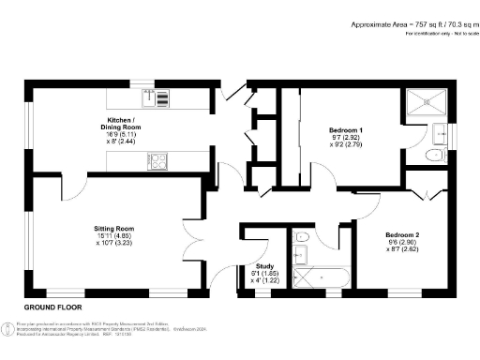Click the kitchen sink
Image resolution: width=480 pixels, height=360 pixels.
tap(157, 97)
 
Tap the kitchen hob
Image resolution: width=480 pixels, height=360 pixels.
tap(157, 163)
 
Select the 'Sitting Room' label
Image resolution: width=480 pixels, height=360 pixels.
tap(114, 228)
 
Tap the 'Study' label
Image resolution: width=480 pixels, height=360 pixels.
tap(252, 266)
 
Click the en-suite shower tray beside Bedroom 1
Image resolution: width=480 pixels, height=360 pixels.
tap(427, 104)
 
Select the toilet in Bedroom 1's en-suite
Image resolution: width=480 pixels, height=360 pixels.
tap(433, 157)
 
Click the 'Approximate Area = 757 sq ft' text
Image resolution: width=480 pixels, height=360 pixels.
tap(388, 23)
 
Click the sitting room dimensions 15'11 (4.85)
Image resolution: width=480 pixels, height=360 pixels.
tap(114, 236)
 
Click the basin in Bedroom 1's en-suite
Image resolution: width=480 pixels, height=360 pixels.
tap(439, 131)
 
